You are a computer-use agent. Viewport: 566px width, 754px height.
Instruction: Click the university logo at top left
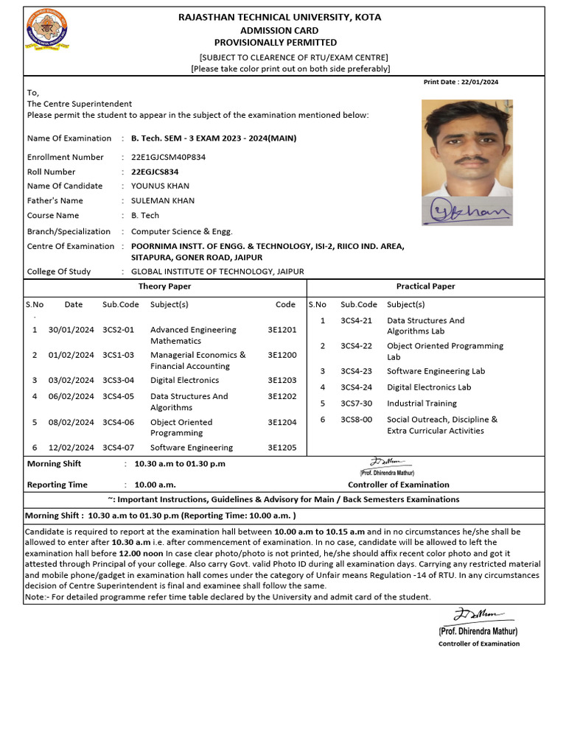[46, 29]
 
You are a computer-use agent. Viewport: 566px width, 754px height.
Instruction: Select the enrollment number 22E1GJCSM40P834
[168, 157]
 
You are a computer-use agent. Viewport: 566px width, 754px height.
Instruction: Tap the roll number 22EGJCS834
[155, 172]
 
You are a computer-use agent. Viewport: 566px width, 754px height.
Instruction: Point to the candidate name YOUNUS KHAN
[160, 186]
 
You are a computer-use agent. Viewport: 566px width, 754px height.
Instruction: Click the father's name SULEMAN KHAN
[163, 200]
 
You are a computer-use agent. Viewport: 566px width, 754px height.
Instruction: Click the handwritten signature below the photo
[467, 211]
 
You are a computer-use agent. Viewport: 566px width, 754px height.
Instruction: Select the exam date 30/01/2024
[71, 330]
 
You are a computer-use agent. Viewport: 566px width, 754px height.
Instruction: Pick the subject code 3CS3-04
[119, 381]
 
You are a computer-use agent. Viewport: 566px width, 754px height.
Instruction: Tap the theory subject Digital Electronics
[184, 381]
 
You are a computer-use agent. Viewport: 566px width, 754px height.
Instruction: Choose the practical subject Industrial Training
[422, 404]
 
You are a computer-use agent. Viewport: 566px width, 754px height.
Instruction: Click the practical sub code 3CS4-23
[356, 372]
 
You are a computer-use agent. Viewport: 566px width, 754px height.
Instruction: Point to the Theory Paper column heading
[164, 286]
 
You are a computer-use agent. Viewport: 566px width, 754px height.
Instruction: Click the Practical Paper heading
[425, 286]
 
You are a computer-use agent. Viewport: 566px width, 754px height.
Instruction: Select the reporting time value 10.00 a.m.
[155, 485]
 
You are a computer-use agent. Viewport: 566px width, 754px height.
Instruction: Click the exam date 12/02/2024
[71, 448]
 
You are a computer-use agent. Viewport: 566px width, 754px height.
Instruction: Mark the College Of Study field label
[59, 272]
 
